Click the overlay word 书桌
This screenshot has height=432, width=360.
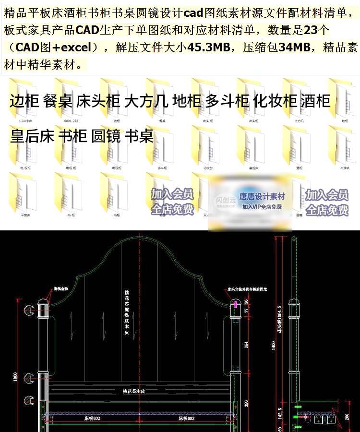[x=139, y=136]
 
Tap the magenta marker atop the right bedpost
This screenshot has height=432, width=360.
[x=236, y=304]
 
